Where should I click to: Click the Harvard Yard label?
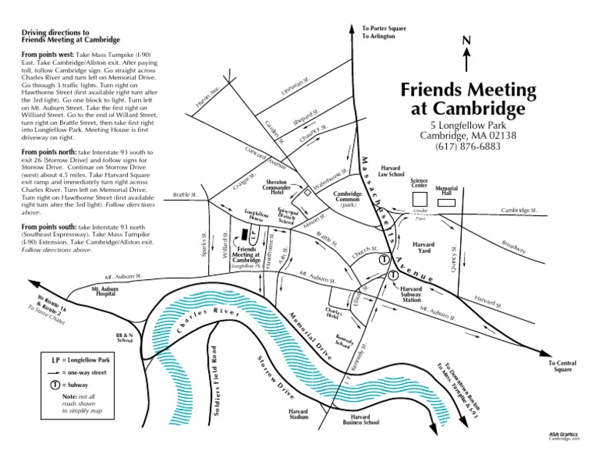click(x=424, y=248)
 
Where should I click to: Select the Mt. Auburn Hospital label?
click(x=108, y=291)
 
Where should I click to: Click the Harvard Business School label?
click(x=360, y=420)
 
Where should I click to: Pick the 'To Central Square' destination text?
click(x=560, y=365)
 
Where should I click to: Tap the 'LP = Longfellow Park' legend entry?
click(x=79, y=360)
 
